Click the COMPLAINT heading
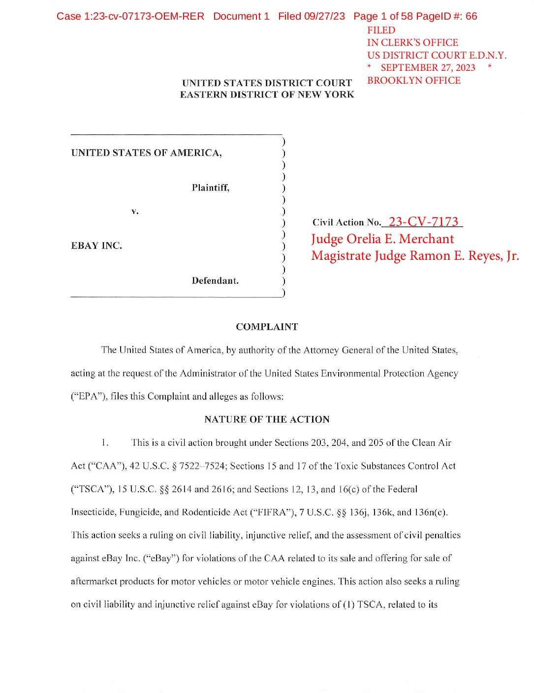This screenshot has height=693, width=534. [x=267, y=327]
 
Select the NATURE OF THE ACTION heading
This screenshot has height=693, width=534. [x=267, y=419]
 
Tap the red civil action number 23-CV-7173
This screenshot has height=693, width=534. [x=423, y=222]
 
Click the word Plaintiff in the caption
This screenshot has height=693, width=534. [x=210, y=188]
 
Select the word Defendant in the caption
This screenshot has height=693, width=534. [x=215, y=281]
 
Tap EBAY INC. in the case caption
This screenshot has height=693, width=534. [x=96, y=246]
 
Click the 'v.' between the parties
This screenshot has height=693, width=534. [x=135, y=211]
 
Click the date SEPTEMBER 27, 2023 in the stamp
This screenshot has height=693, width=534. [x=428, y=68]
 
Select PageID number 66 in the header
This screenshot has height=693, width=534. [x=471, y=16]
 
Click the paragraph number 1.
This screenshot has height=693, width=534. [x=104, y=442]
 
